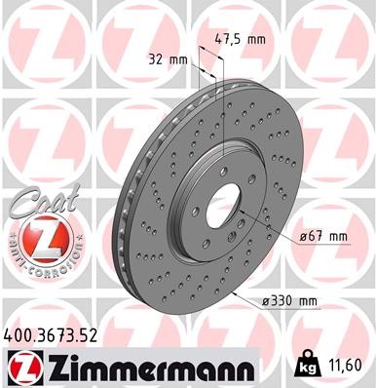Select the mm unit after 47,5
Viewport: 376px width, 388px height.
coord(256,40)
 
